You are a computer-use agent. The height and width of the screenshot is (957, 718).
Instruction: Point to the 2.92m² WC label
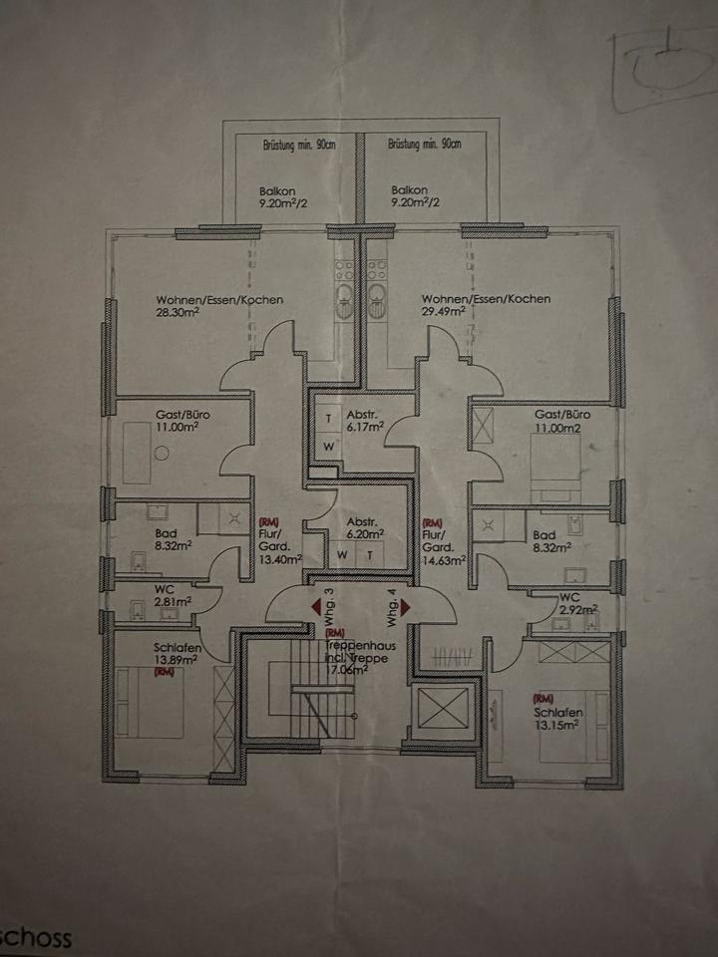[x=576, y=608]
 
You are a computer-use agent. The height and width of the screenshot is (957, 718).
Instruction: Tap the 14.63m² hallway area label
[x=445, y=560]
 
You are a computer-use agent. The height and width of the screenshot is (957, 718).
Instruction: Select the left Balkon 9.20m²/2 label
[x=277, y=195]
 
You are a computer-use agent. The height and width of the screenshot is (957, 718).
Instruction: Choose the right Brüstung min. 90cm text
[x=425, y=146]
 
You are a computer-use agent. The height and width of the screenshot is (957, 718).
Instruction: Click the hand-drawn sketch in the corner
[x=663, y=70]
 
